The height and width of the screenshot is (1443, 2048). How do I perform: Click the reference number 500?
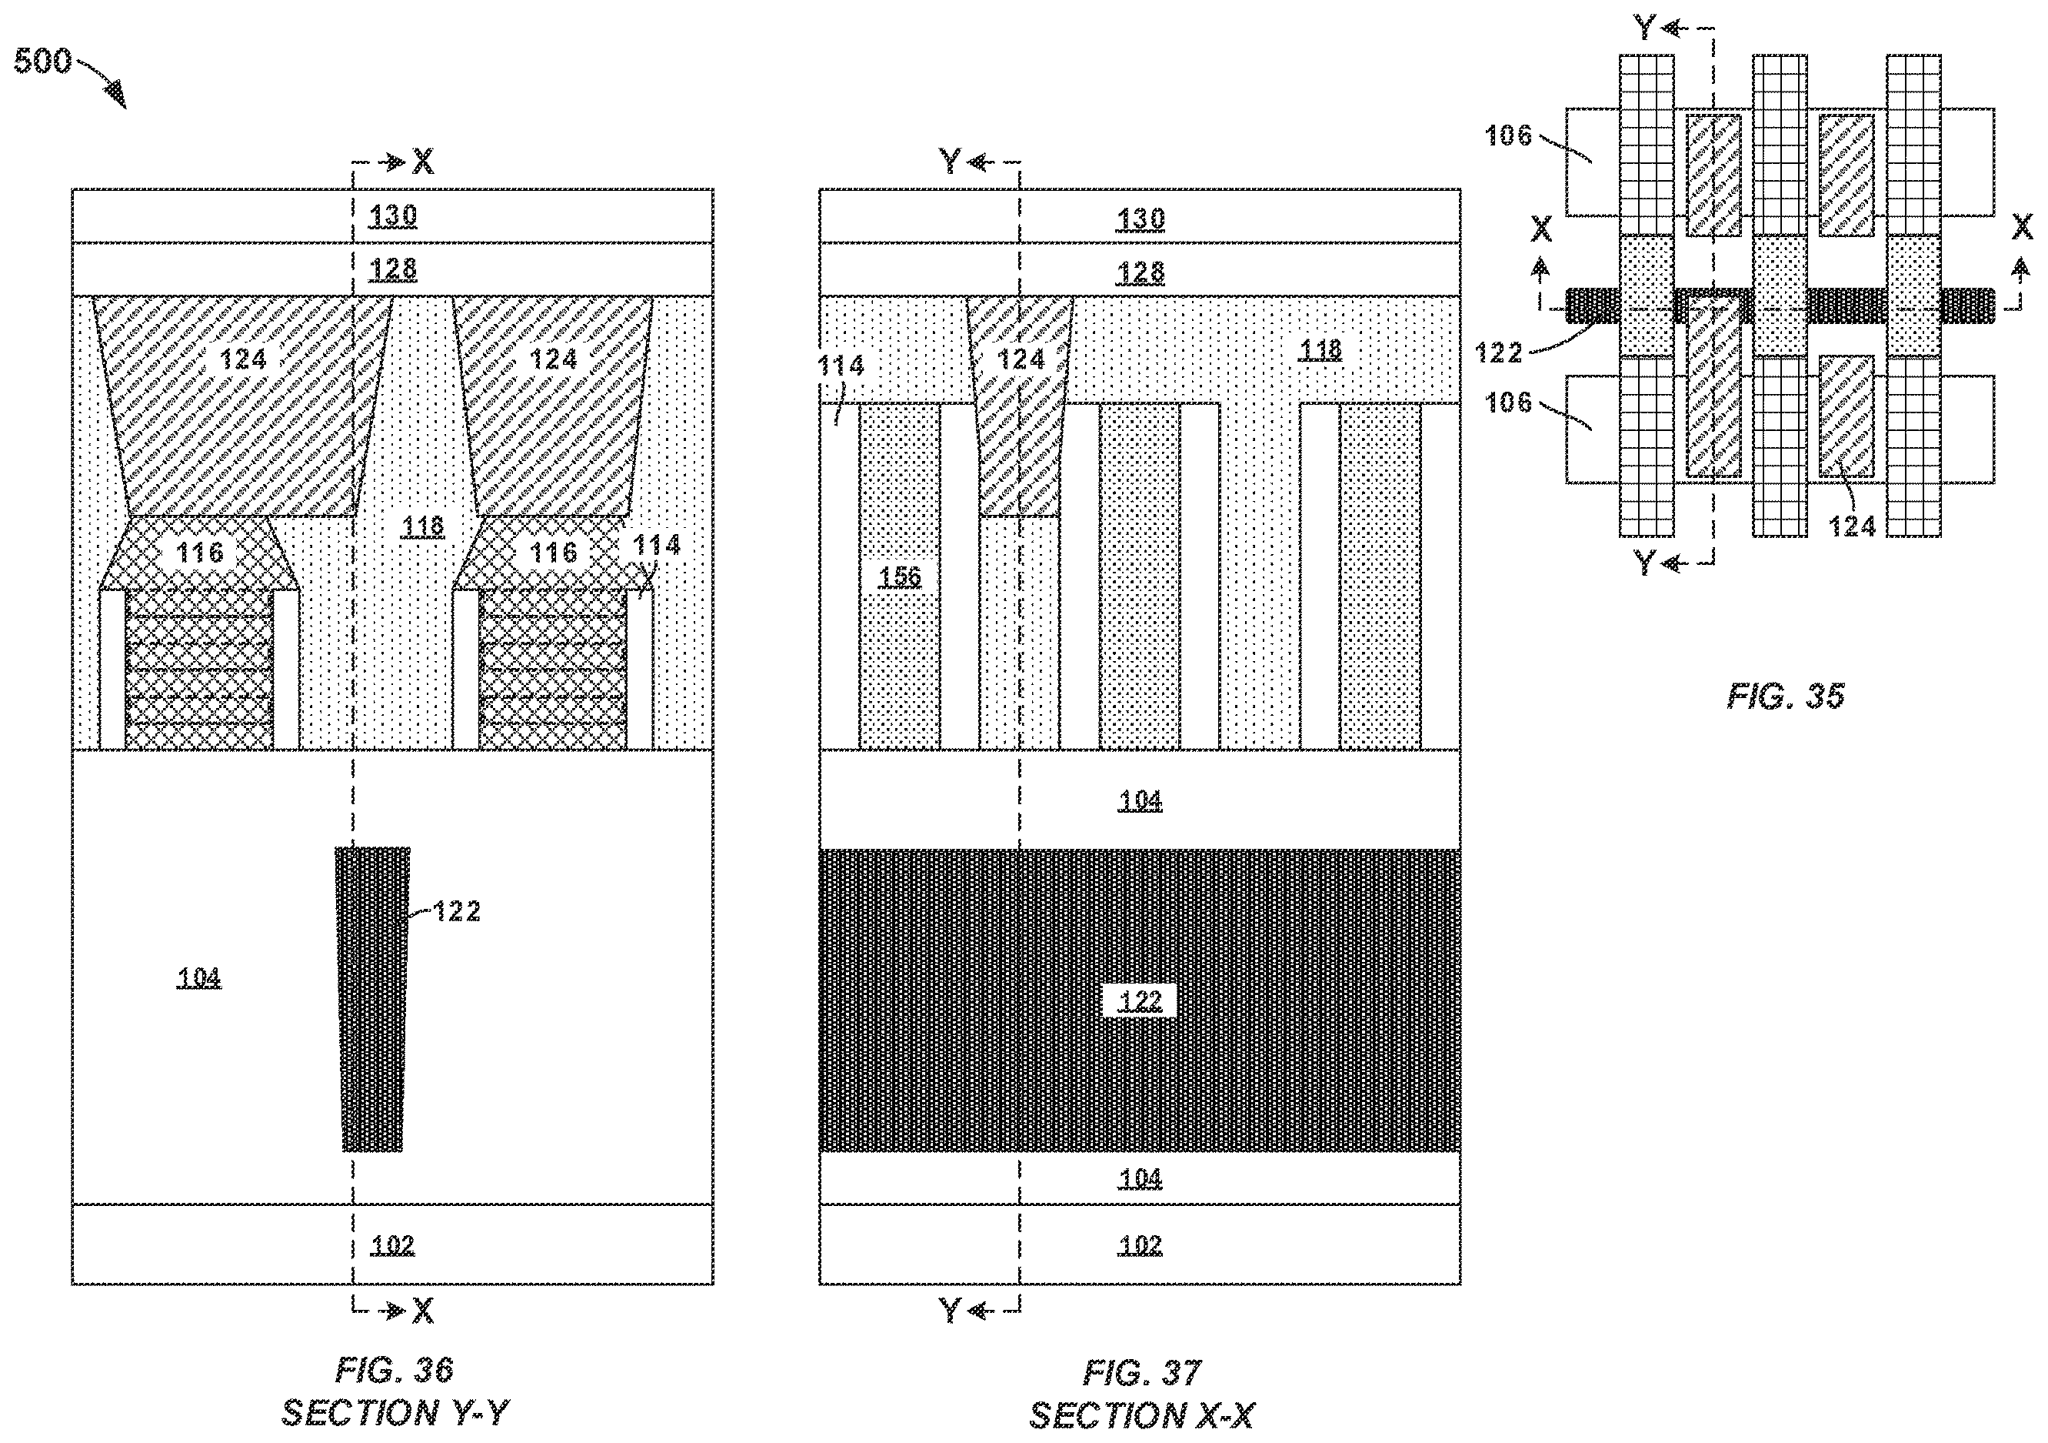(x=42, y=61)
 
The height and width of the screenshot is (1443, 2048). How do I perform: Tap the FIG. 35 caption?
(x=1786, y=695)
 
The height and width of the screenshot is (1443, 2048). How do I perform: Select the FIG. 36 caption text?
(x=395, y=1369)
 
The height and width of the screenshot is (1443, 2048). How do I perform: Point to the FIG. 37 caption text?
(x=1142, y=1371)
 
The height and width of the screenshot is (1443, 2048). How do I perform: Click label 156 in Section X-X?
(x=899, y=576)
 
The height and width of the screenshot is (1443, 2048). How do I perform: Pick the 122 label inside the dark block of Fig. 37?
(x=1140, y=1000)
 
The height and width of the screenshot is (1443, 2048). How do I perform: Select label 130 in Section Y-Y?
(x=392, y=216)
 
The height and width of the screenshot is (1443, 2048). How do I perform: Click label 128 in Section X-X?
(x=1140, y=272)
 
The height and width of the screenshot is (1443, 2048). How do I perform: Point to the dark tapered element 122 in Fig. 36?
(x=373, y=1000)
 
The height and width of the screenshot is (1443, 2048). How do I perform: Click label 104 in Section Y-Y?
(x=199, y=977)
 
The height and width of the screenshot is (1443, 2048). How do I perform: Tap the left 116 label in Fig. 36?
(x=199, y=553)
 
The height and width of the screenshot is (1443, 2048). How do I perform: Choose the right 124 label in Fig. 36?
(x=553, y=359)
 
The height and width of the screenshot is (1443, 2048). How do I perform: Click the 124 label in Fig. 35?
(x=1852, y=526)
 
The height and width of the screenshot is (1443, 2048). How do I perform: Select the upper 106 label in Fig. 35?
(x=1507, y=135)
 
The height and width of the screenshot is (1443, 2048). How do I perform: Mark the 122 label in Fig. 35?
(x=1499, y=353)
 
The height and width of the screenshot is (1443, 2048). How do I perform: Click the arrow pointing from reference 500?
(x=102, y=82)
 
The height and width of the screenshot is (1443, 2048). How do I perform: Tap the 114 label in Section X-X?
(x=841, y=365)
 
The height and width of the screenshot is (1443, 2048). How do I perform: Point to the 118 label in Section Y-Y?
(x=423, y=526)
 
